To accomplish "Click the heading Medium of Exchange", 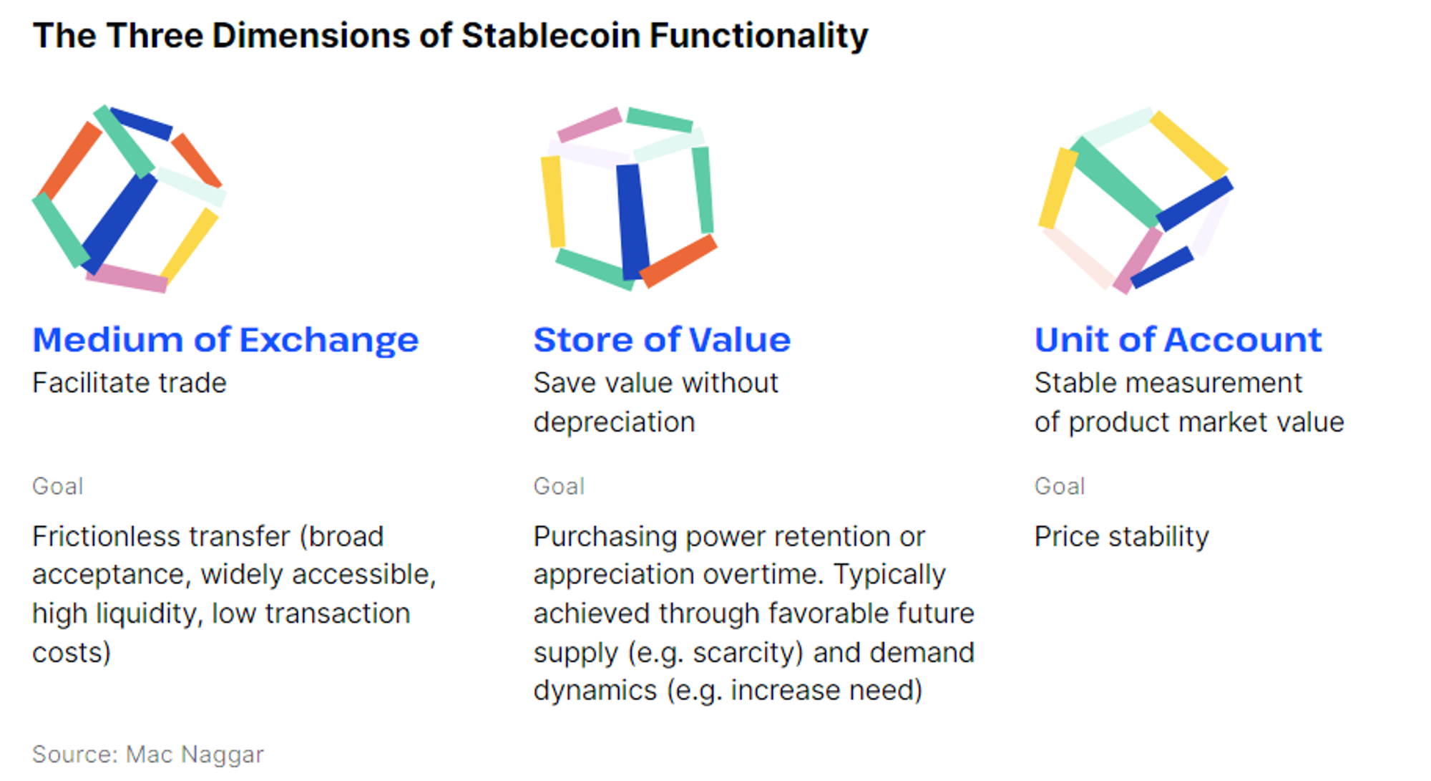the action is point(225,339).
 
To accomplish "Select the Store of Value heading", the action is point(662,339).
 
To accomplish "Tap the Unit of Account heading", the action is point(1178,339).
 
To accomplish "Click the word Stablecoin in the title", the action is point(550,36).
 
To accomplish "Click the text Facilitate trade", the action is point(130,383).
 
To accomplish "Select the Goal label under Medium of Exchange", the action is point(58,486).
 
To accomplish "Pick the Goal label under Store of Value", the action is point(559,486).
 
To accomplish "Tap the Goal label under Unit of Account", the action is point(1060,486).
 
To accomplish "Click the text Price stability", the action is point(1121,537).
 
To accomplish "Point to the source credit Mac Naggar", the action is point(195,754).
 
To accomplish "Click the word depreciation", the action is point(614,423).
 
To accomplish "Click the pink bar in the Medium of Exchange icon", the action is point(127,278).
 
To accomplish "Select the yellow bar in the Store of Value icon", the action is point(552,202).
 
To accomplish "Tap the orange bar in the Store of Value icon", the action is point(678,261).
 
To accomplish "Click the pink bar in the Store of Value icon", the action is point(590,125).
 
